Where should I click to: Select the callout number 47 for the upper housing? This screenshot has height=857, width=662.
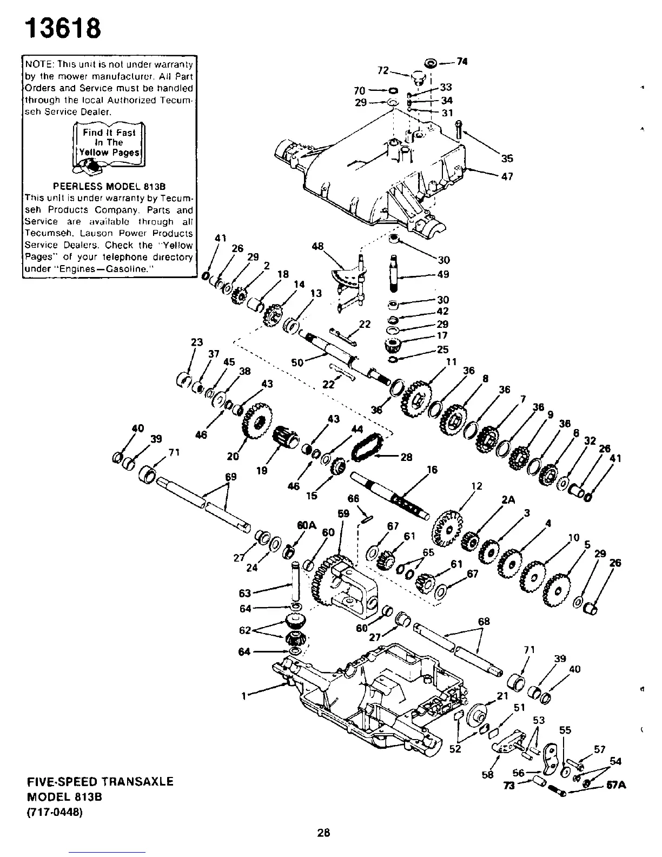(x=507, y=176)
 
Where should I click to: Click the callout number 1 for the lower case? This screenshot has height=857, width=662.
(x=245, y=696)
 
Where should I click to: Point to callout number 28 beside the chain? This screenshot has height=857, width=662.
(x=406, y=457)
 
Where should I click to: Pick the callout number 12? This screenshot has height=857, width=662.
(x=476, y=486)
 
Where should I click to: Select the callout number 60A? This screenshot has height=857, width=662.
(x=306, y=524)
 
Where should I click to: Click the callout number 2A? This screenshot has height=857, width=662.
(x=507, y=500)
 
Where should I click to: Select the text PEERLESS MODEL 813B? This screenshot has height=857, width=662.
(x=109, y=187)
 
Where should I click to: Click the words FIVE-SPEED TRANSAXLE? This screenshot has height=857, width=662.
(x=101, y=781)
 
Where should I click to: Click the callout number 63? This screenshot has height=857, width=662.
(x=244, y=593)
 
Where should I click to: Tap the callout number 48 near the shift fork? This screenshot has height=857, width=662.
(x=317, y=246)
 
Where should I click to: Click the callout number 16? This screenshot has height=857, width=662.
(x=432, y=470)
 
